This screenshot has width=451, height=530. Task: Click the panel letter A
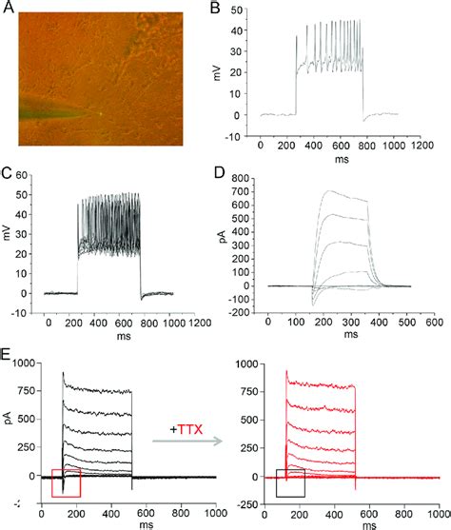coord(8,9)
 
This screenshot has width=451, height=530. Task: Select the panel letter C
coord(8,175)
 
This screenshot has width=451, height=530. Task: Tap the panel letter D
coord(228,175)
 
